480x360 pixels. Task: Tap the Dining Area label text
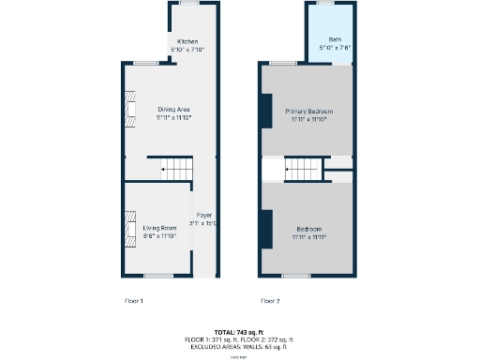(x=173, y=111)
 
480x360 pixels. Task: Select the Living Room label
(x=159, y=228)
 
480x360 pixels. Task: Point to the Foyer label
(x=203, y=216)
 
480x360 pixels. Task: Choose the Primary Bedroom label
(x=309, y=111)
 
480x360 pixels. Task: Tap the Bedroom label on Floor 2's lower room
(x=309, y=230)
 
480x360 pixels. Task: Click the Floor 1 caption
(x=134, y=301)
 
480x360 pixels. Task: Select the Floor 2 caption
(x=270, y=301)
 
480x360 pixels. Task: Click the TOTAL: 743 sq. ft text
(x=239, y=332)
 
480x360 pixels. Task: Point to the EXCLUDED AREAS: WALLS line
(x=239, y=346)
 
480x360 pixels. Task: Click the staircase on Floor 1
(x=176, y=170)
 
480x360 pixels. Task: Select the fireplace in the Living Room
(x=130, y=229)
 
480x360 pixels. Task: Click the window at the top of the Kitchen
(x=190, y=4)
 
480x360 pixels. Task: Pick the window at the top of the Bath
(x=328, y=4)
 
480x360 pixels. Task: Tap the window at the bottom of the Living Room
(x=157, y=276)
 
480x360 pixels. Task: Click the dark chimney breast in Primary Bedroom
(x=267, y=111)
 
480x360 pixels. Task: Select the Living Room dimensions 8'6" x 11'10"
(x=159, y=235)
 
